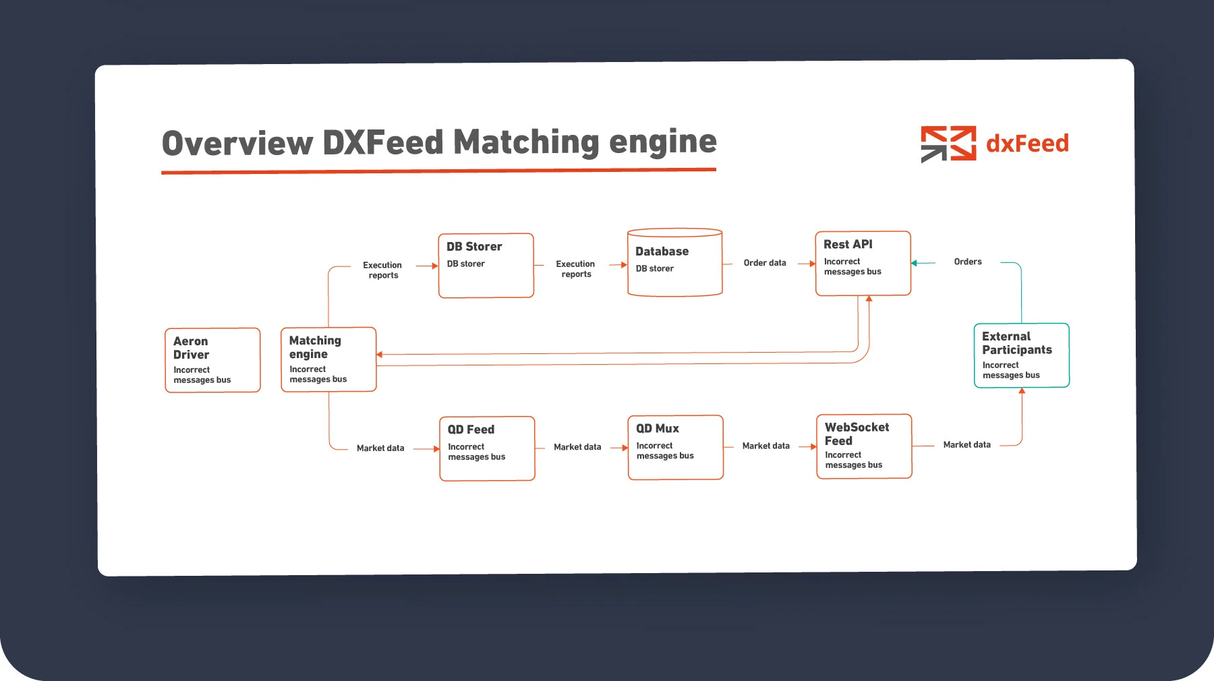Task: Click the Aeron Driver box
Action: click(x=212, y=360)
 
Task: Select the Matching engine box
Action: click(x=328, y=359)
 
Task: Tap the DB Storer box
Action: click(x=486, y=266)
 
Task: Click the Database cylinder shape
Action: click(x=674, y=263)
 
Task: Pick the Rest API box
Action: click(x=863, y=264)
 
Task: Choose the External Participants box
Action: click(x=1021, y=355)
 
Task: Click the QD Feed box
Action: click(x=487, y=448)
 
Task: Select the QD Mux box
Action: click(x=675, y=447)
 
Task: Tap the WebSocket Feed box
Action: click(x=864, y=446)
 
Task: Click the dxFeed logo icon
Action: click(x=948, y=144)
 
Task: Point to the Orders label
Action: click(x=968, y=262)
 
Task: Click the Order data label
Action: click(x=765, y=263)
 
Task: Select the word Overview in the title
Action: click(x=237, y=144)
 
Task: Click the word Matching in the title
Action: click(x=526, y=142)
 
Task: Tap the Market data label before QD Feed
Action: click(x=380, y=448)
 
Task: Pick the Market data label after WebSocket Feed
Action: click(x=966, y=445)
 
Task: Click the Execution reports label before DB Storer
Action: click(x=382, y=270)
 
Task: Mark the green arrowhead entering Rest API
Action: click(x=915, y=263)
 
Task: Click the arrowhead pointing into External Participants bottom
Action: click(x=1022, y=391)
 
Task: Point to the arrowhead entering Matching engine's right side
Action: click(x=380, y=355)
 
